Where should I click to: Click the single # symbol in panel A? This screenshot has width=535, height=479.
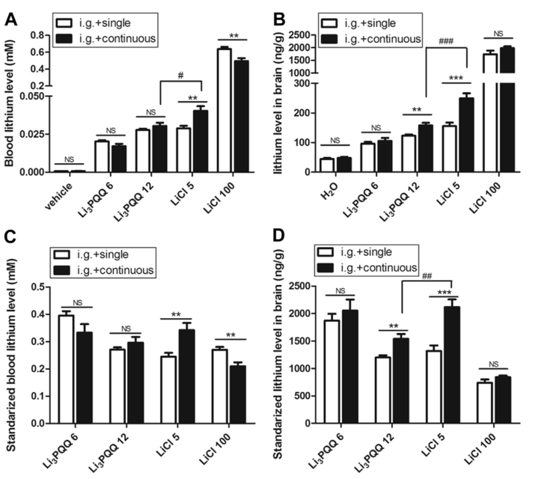(x=178, y=76)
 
